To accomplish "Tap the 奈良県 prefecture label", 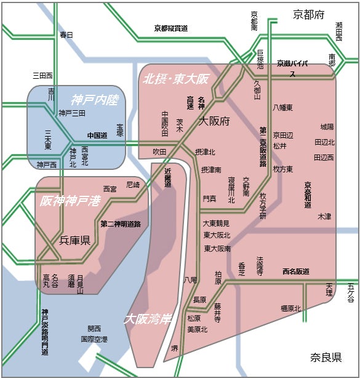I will (x=326, y=358).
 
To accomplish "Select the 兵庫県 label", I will (x=75, y=240).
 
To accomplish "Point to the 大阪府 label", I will (x=214, y=122).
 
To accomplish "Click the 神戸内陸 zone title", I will (x=94, y=100).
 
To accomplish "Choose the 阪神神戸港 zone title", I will (x=70, y=201).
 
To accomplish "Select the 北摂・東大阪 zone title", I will (x=176, y=79).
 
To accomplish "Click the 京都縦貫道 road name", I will (x=170, y=28).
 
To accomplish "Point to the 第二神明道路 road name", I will (x=121, y=223).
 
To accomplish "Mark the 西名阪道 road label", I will (x=295, y=271).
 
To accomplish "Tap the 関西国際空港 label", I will (x=94, y=334).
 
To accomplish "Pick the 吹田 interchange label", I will (x=159, y=151).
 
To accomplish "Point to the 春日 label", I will (x=66, y=35).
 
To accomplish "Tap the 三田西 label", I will (x=43, y=76).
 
